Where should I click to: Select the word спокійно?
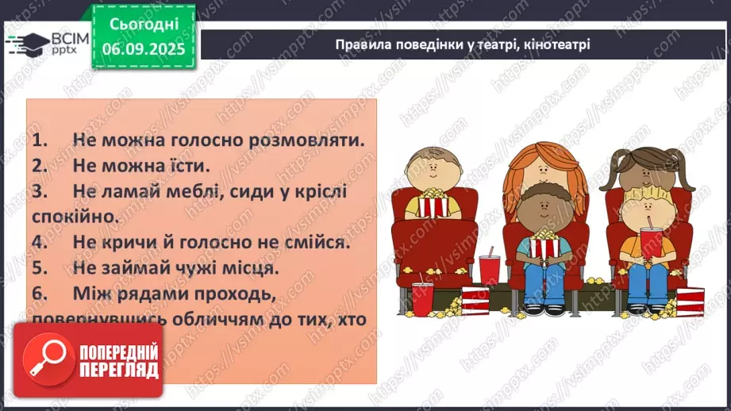click(x=75, y=216)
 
